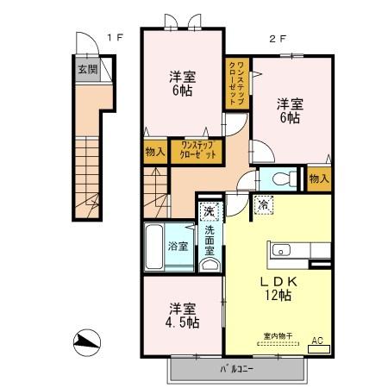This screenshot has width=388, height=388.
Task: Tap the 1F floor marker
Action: click(116, 38)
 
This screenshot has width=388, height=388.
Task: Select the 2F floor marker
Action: click(277, 38)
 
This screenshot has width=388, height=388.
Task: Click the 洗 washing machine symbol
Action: click(209, 210)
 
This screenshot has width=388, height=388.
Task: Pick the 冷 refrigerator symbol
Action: click(263, 205)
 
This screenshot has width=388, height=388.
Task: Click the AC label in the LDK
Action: click(316, 341)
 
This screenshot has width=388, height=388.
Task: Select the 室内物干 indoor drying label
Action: click(276, 337)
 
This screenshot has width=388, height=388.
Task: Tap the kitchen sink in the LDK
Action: click(283, 251)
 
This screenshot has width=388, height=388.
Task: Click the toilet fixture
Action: click(278, 180)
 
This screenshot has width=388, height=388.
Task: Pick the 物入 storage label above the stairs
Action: click(155, 151)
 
